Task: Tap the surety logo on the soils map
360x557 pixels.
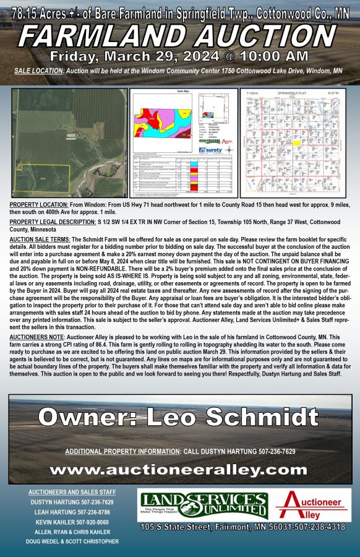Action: [211, 150]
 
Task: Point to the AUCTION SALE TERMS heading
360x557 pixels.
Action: [41, 239]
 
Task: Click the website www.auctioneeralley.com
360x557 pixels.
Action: [179, 470]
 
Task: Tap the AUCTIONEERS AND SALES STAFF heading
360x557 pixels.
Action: [69, 492]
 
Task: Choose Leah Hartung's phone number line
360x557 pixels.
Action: [69, 512]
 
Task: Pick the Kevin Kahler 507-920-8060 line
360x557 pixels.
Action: [69, 522]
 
